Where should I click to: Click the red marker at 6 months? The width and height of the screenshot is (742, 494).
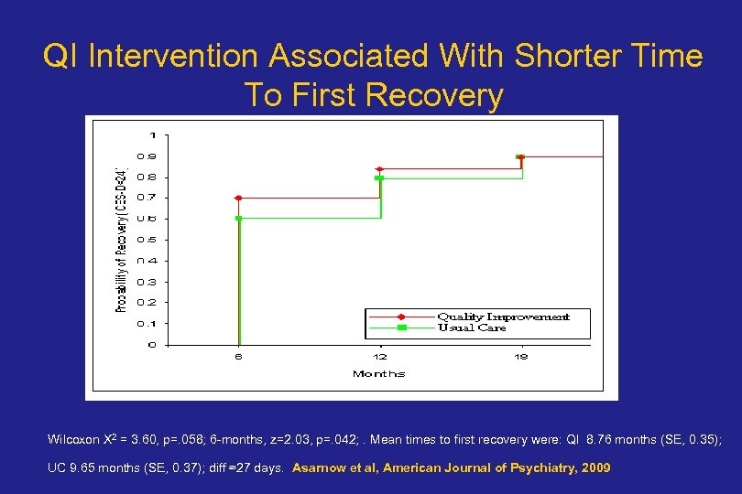pos(238,198)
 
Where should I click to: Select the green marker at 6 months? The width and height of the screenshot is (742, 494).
pos(238,219)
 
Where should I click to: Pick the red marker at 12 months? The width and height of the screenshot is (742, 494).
pos(379,169)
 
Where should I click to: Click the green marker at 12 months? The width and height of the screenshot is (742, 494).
pos(379,177)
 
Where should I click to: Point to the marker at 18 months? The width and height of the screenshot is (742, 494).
pos(520,157)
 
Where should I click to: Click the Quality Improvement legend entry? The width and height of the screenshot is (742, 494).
pos(502,317)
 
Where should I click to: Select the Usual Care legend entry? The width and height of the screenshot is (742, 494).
pos(471,328)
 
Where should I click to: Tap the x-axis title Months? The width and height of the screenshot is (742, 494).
pos(378,373)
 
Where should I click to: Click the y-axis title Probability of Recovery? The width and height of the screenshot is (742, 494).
pos(121,240)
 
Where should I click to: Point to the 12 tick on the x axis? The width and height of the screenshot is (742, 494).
pos(379,357)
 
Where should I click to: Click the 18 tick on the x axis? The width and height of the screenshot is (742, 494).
pos(520,357)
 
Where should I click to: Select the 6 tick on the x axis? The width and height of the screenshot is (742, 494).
pos(238,357)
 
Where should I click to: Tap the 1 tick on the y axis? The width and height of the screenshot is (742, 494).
pos(152,135)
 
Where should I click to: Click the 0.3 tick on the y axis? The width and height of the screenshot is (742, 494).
pos(147,282)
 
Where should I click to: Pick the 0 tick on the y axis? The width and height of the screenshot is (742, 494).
pos(152,345)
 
